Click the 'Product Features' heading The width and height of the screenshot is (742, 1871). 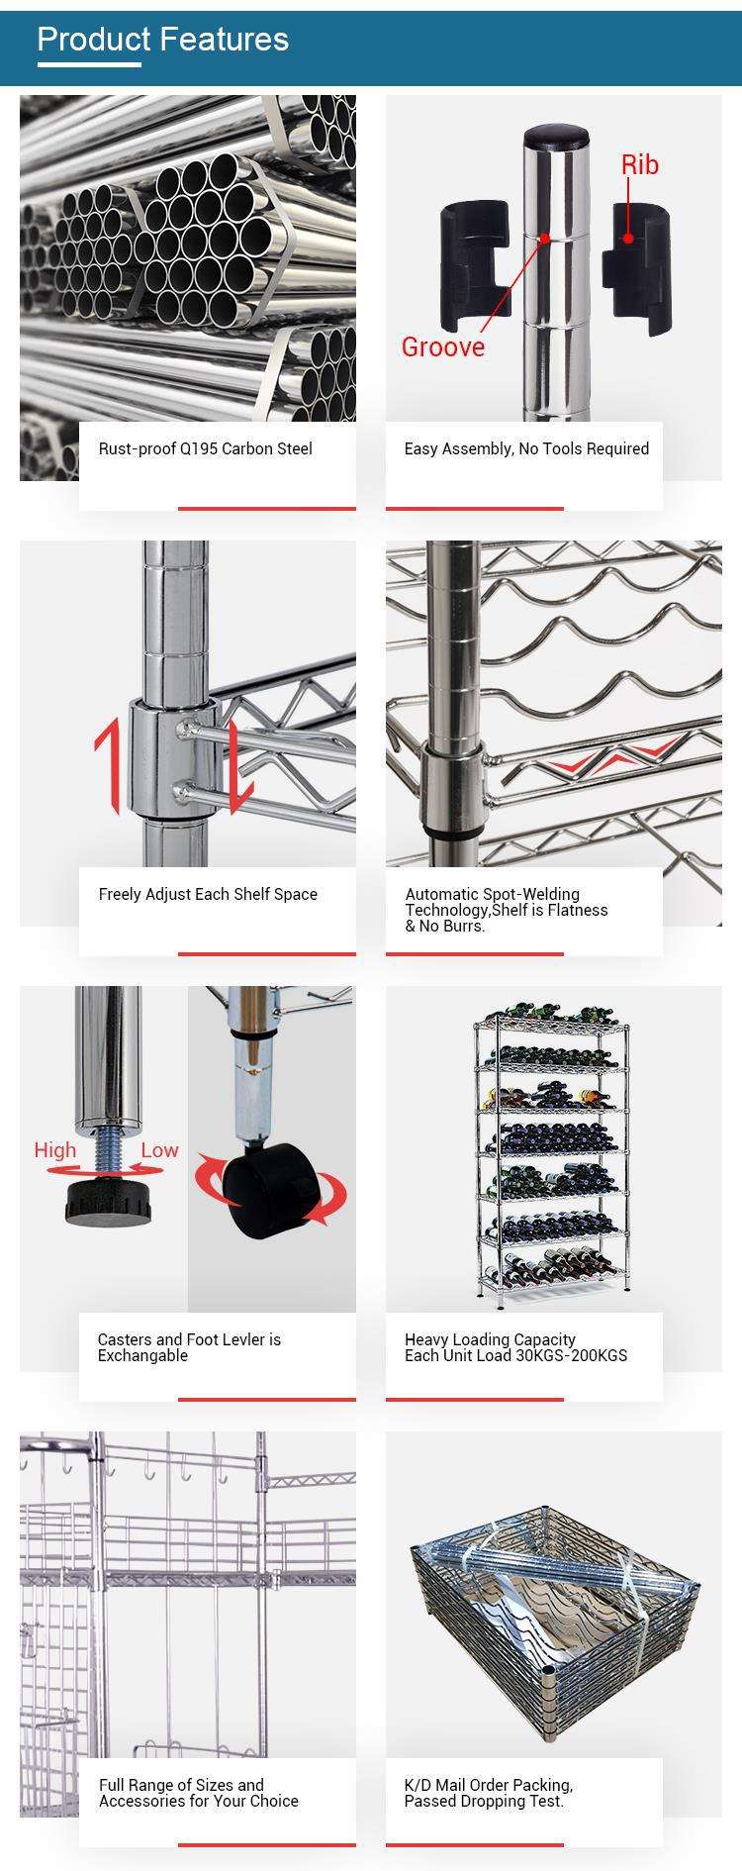pyautogui.click(x=163, y=40)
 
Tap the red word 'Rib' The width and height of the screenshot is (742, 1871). pyautogui.click(x=639, y=164)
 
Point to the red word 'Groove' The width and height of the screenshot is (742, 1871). pyautogui.click(x=442, y=346)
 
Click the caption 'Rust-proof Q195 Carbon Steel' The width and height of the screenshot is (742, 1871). pyautogui.click(x=205, y=448)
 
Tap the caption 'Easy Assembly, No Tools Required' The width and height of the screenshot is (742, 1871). pyautogui.click(x=526, y=448)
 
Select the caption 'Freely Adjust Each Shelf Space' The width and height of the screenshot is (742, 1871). pyautogui.click(x=208, y=894)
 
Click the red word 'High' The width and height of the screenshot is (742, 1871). pyautogui.click(x=54, y=1149)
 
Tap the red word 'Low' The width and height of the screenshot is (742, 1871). pyautogui.click(x=159, y=1149)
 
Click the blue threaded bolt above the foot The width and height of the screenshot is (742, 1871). pyautogui.click(x=106, y=1150)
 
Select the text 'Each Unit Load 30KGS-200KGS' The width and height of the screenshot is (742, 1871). pyautogui.click(x=515, y=1355)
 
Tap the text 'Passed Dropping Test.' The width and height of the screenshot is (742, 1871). pyautogui.click(x=484, y=1801)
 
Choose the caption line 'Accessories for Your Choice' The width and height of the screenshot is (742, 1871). pyautogui.click(x=198, y=1801)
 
